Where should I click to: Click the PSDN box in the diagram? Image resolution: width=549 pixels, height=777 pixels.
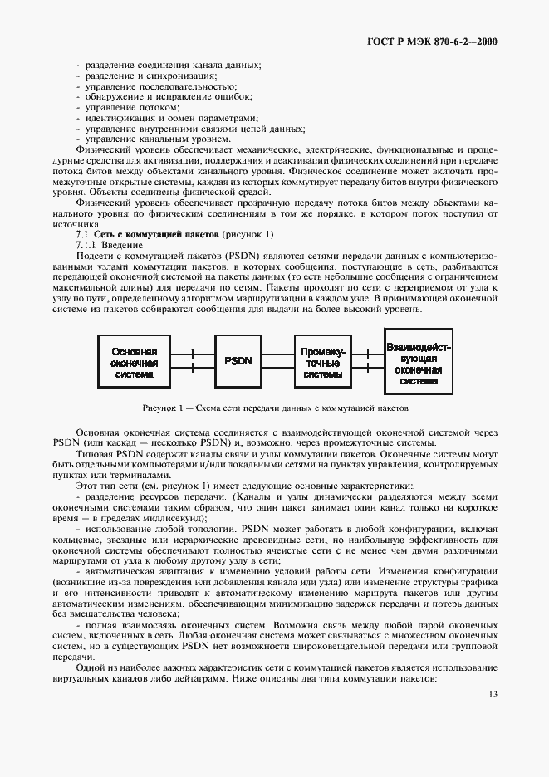pyautogui.click(x=238, y=361)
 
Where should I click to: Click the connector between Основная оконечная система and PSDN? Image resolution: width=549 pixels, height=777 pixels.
pyautogui.click(x=193, y=361)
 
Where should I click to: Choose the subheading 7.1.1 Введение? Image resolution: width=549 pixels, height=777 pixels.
pyautogui.click(x=110, y=247)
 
